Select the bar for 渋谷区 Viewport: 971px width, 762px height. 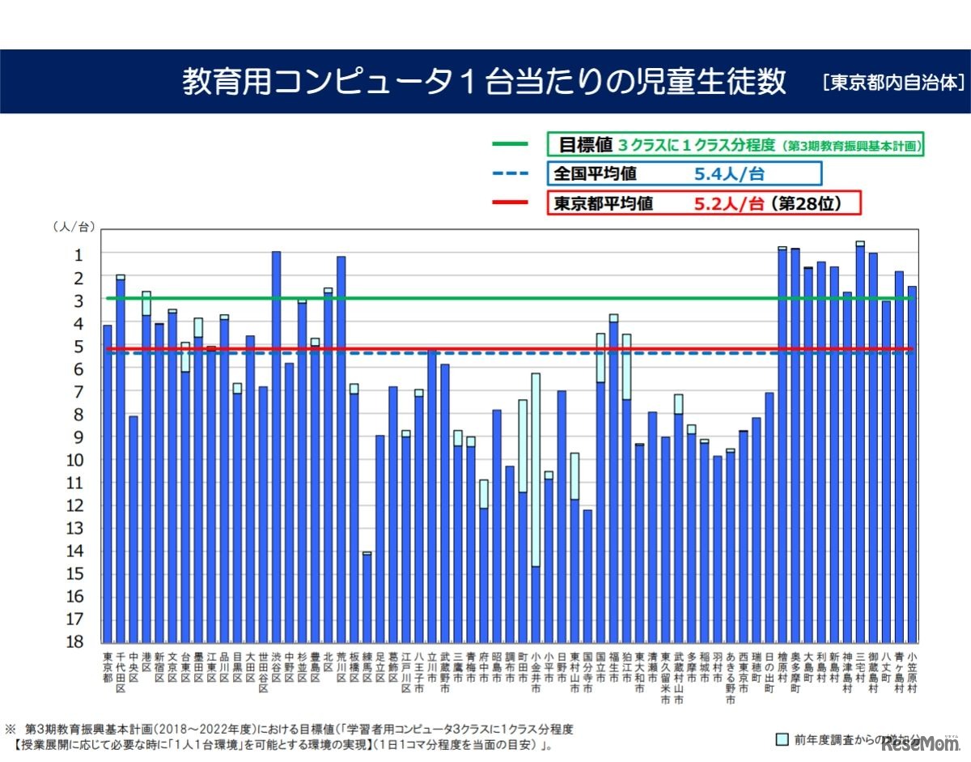pyautogui.click(x=276, y=446)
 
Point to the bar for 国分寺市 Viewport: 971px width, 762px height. pyautogui.click(x=587, y=575)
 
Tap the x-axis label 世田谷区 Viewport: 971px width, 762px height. pyautogui.click(x=263, y=672)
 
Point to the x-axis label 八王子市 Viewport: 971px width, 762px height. pyautogui.click(x=419, y=672)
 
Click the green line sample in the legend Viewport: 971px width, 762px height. pyautogui.click(x=510, y=145)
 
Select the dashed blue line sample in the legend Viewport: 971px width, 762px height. pyautogui.click(x=510, y=173)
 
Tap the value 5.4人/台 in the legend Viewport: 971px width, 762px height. pyautogui.click(x=728, y=173)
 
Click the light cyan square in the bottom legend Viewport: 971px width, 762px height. pyautogui.click(x=782, y=739)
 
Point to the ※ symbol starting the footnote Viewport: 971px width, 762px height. pyautogui.click(x=11, y=728)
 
